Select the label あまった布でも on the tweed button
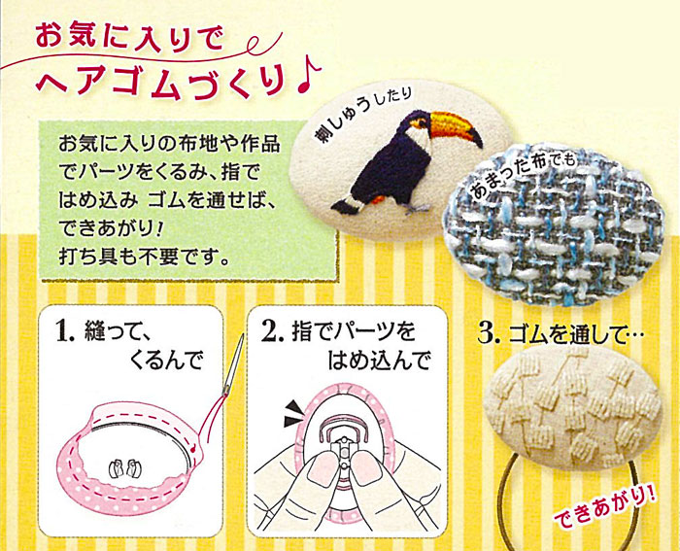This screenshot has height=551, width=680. point(523,176)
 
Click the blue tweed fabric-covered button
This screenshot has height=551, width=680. point(554,224)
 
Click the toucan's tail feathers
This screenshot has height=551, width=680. point(346,204)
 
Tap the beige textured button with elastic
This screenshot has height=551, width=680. point(572,408)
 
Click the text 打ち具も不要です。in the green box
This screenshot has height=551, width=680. point(144,257)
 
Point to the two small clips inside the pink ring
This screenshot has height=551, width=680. point(126,468)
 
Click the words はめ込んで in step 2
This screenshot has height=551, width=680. point(379,360)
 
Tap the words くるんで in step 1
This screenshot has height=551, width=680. point(166,360)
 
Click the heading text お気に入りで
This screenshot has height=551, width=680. point(129,37)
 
